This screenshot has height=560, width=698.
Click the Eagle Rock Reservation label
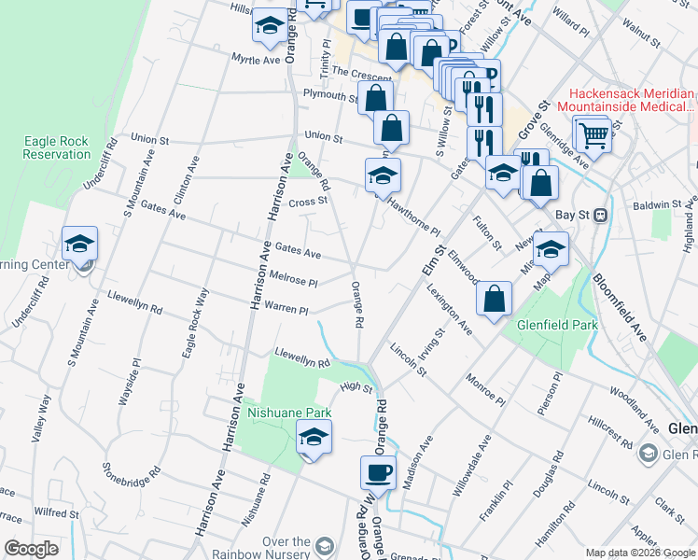(56, 147)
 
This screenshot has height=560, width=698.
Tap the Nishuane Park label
(288, 411)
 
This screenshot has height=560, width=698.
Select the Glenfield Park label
(557, 326)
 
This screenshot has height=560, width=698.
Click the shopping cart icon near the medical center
(593, 135)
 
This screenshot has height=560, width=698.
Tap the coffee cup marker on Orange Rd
(379, 471)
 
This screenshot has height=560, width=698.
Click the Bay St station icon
(601, 215)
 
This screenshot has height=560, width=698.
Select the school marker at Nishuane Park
(314, 436)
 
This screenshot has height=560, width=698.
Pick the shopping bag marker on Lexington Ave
(494, 299)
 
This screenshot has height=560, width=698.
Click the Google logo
(32, 549)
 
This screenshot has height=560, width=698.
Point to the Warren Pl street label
(286, 309)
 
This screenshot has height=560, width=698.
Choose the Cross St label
(308, 201)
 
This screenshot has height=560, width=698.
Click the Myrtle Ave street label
(256, 59)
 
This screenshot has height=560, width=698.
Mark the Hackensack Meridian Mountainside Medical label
(633, 102)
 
